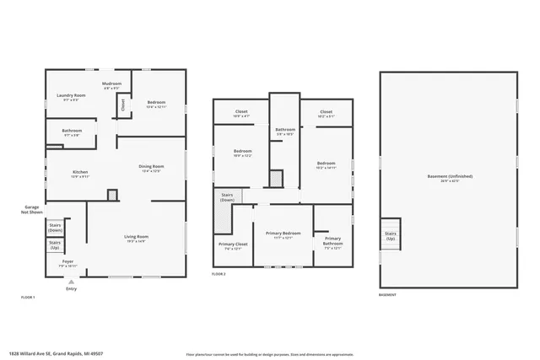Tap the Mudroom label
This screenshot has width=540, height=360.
pos(112,85)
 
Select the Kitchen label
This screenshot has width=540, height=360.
pos(79,174)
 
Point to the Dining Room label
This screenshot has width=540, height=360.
pos(152,168)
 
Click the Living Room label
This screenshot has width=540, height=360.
pos(137,238)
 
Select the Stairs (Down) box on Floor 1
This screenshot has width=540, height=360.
pos(56,227)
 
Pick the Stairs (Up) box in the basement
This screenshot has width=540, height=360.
pos(391,237)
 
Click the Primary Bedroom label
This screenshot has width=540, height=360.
pos(283,234)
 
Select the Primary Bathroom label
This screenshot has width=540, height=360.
pos(333,243)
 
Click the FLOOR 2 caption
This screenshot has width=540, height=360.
pos(219,275)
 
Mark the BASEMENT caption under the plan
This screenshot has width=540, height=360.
pos(387,295)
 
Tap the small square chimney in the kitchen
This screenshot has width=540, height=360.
pos(111,195)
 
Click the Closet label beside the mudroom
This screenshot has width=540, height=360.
pos(122,105)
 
